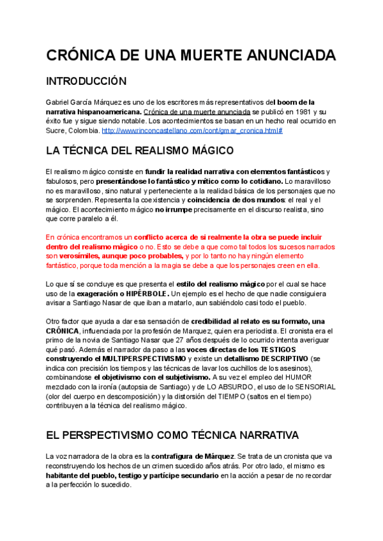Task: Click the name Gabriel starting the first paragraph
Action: tap(59, 101)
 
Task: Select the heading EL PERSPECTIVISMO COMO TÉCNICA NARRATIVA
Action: tap(172, 435)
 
